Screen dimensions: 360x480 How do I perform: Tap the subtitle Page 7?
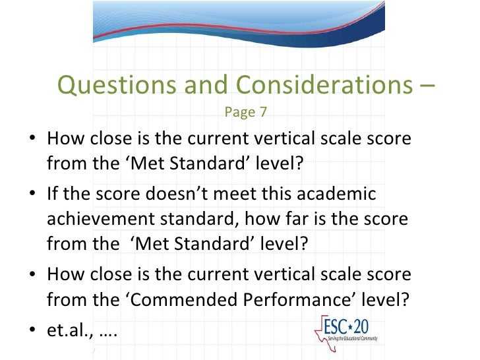coord(245,112)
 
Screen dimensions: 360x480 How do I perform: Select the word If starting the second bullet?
coord(53,195)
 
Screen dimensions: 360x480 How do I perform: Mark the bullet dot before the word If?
coord(34,196)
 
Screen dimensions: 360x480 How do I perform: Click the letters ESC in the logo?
coord(334,325)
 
